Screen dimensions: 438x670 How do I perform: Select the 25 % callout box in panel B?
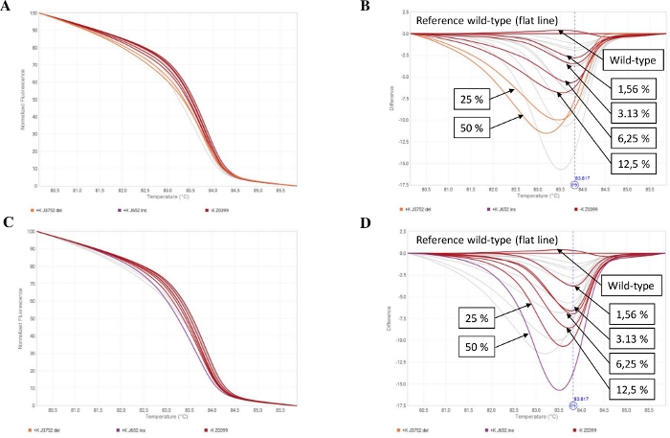tap(474, 95)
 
